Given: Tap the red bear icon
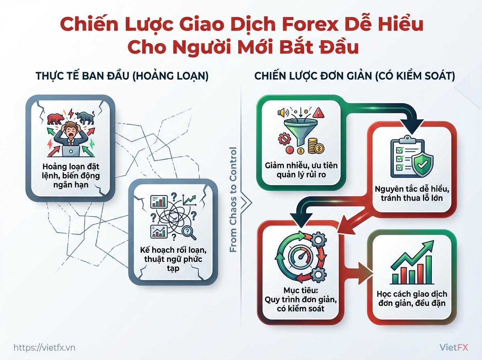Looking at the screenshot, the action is pyautogui.click(x=56, y=119).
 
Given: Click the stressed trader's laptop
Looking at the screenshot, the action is pyautogui.click(x=71, y=151).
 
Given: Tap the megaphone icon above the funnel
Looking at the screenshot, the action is pyautogui.click(x=283, y=112).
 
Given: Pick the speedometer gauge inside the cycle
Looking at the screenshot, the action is pyautogui.click(x=300, y=257).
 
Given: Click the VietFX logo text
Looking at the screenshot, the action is pyautogui.click(x=453, y=348).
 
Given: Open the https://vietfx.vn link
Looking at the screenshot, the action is pyautogui.click(x=44, y=348).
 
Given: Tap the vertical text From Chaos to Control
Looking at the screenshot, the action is pyautogui.click(x=233, y=199).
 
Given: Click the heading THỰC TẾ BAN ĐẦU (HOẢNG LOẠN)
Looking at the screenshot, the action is pyautogui.click(x=122, y=76).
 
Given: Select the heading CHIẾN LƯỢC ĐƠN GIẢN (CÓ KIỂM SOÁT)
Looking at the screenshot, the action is pyautogui.click(x=355, y=76).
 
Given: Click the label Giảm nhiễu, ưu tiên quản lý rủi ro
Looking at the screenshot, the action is pyautogui.click(x=301, y=170).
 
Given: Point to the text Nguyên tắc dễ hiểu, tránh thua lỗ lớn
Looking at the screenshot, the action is pyautogui.click(x=412, y=194).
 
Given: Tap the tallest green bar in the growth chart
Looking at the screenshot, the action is pyautogui.click(x=429, y=270).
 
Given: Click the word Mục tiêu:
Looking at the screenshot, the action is pyautogui.click(x=300, y=290).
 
